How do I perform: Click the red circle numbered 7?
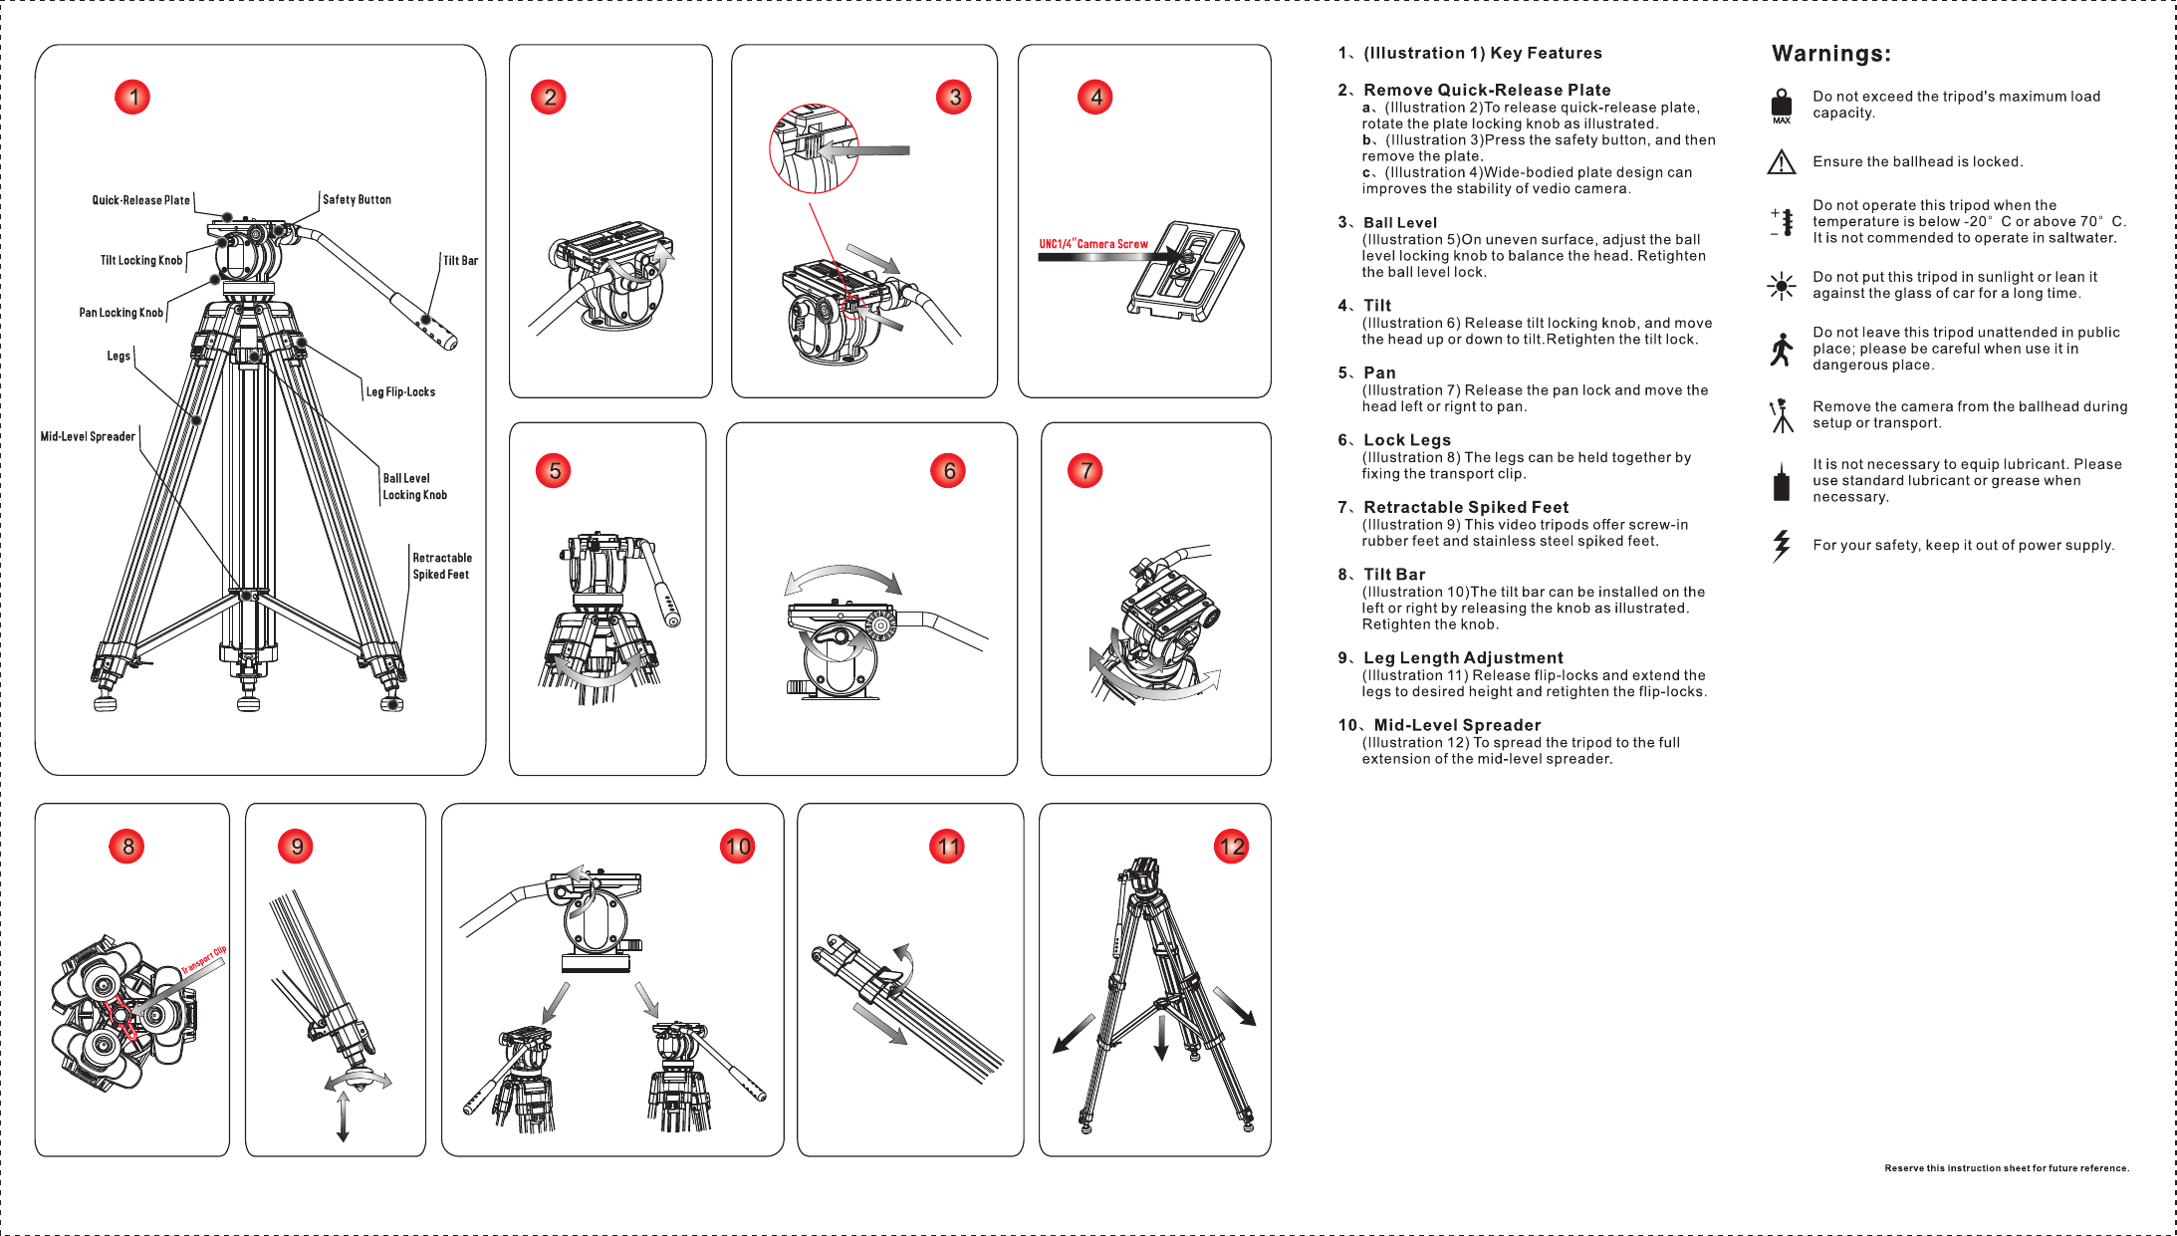[1086, 470]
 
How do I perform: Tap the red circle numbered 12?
[1231, 847]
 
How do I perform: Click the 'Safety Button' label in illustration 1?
[357, 200]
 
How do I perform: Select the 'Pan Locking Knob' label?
[121, 313]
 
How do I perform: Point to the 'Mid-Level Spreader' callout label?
[88, 436]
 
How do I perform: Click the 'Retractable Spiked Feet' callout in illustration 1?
[442, 566]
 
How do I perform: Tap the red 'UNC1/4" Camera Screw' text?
[1092, 244]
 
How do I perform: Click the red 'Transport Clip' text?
[204, 960]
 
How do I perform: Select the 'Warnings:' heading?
[1830, 54]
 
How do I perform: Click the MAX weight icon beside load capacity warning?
[1782, 106]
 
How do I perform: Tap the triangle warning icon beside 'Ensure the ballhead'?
[1781, 162]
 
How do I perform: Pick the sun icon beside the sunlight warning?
[1781, 287]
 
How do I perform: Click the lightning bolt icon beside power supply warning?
[1781, 545]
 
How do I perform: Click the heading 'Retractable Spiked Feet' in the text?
[1465, 507]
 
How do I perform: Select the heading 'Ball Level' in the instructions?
[1399, 223]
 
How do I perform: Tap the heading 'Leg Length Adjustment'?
[1462, 657]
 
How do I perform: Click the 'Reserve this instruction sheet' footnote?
[2006, 1168]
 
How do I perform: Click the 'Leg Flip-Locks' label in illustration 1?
[400, 392]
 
